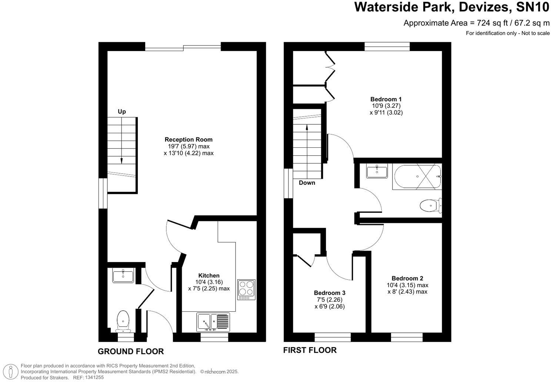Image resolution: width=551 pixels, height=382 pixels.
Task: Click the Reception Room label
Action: pyautogui.click(x=188, y=140)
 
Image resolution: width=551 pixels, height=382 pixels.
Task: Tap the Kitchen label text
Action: pyautogui.click(x=209, y=275)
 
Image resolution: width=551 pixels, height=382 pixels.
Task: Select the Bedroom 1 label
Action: pyautogui.click(x=386, y=99)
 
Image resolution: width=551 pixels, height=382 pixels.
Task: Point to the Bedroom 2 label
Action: pyautogui.click(x=407, y=278)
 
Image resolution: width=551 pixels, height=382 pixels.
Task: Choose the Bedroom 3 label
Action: pyautogui.click(x=330, y=293)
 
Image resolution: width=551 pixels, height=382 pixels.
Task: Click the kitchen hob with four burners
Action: pyautogui.click(x=246, y=289)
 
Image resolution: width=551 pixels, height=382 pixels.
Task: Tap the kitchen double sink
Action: pyautogui.click(x=213, y=322)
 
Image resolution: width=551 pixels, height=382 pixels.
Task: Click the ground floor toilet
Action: pyautogui.click(x=123, y=321)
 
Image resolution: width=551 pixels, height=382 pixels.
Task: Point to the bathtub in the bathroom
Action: pyautogui.click(x=417, y=177)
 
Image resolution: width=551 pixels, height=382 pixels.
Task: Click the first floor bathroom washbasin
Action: pyautogui.click(x=377, y=172)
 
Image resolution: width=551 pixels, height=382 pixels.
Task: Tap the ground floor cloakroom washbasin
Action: pyautogui.click(x=123, y=276)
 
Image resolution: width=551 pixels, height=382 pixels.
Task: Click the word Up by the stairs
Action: pyautogui.click(x=122, y=111)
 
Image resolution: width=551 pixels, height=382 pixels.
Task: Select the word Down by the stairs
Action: pyautogui.click(x=307, y=182)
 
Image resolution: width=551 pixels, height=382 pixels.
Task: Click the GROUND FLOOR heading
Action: pyautogui.click(x=131, y=351)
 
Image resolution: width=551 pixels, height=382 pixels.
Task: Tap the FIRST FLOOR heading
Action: pyautogui.click(x=310, y=350)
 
